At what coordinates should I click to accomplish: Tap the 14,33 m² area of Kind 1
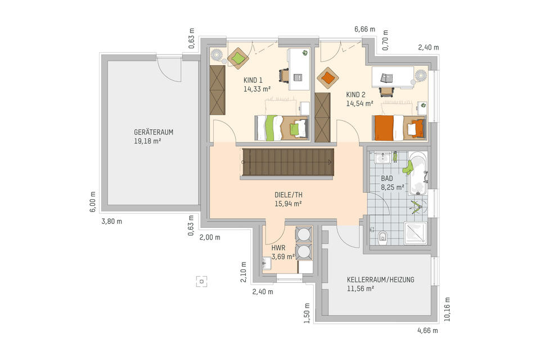[x=257, y=89]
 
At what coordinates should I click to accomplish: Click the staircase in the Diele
[x=289, y=162]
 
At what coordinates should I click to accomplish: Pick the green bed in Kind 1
[x=281, y=127]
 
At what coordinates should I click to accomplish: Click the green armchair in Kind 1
[x=237, y=57]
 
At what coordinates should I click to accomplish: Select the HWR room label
[x=278, y=248]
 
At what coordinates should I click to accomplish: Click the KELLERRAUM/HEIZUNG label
[x=380, y=280]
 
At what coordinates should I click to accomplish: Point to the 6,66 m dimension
[x=364, y=29]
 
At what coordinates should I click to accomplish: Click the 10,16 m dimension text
[x=447, y=309]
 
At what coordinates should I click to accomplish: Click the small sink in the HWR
[x=268, y=262]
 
